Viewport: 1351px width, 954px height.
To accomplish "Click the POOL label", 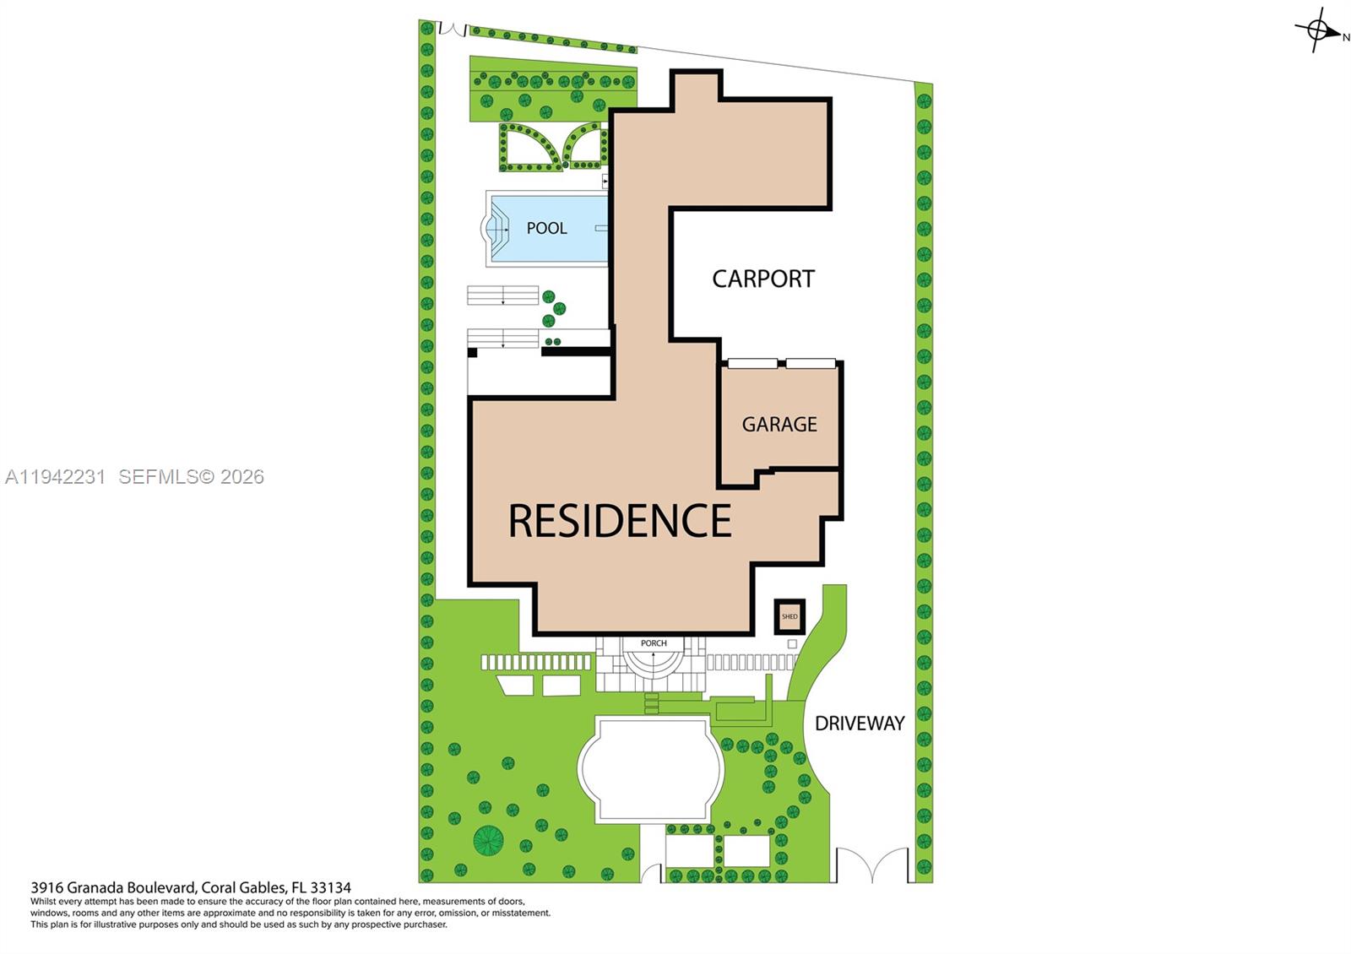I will [546, 228].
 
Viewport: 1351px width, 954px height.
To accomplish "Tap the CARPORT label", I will [762, 279].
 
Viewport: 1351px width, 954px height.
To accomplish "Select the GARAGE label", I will [779, 424].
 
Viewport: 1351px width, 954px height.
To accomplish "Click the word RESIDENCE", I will [619, 520].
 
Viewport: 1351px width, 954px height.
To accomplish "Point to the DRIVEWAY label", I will [859, 724].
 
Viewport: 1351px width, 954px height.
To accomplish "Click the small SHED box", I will [789, 616].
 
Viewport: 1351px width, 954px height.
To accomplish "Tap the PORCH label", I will [654, 643].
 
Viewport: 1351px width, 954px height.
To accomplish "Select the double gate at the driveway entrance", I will [872, 866].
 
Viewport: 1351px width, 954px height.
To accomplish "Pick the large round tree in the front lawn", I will [488, 839].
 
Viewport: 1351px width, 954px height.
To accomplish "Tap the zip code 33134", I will [331, 887].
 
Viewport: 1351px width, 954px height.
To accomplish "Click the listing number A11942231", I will [55, 477].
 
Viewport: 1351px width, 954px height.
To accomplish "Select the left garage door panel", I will [752, 364].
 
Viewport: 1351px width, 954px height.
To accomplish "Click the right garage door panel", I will [811, 364].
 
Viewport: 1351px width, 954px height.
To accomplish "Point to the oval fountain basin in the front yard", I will [651, 769].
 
